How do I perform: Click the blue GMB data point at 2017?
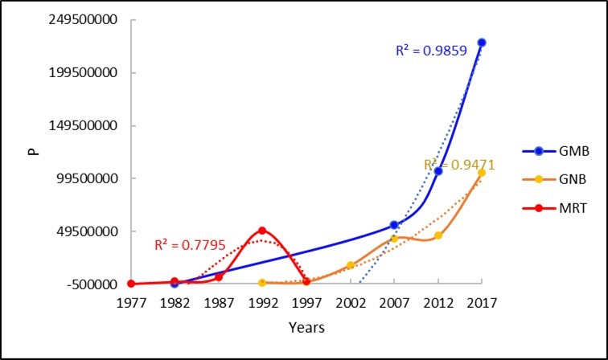[x=482, y=43]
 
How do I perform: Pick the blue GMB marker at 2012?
[x=438, y=171]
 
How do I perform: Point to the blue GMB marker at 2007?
[x=394, y=226]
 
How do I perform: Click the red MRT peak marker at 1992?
[x=262, y=231]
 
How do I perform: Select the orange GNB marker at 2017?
[x=482, y=173]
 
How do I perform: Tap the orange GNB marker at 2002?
[x=351, y=265]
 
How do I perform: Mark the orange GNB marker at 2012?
[x=438, y=235]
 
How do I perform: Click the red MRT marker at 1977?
[x=130, y=284]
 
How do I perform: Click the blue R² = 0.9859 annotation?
[x=432, y=51]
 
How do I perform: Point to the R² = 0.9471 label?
[x=459, y=165]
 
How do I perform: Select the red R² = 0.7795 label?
[x=190, y=244]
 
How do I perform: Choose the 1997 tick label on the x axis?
[x=306, y=303]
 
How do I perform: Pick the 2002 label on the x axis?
[x=351, y=303]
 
